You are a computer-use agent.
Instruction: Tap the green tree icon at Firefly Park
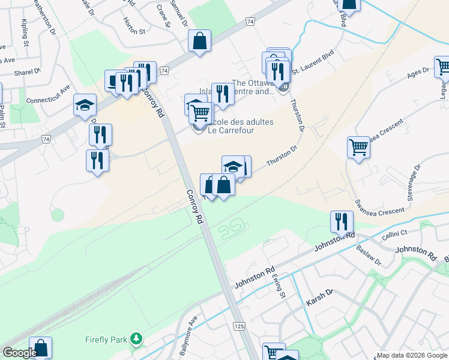tap(137, 340)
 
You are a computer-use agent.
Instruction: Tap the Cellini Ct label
tap(396, 232)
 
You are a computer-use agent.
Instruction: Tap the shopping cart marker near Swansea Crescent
tap(358, 146)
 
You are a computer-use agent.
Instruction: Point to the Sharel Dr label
tap(28, 71)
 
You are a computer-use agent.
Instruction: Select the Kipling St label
tap(25, 32)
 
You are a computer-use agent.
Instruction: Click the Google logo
tap(20, 353)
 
